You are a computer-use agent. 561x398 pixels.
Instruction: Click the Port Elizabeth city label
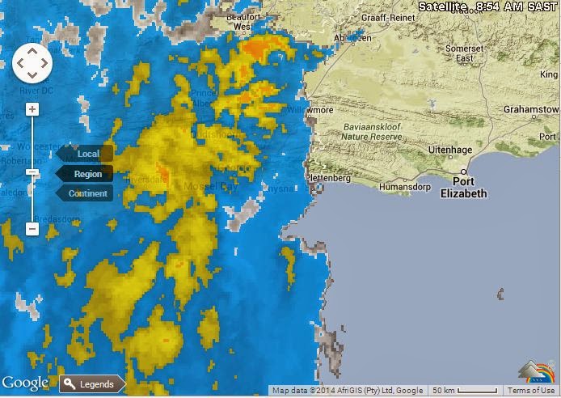[x=464, y=188]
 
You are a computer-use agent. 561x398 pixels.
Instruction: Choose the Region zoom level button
[x=87, y=174]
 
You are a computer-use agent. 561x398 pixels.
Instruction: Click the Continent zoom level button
[x=87, y=193]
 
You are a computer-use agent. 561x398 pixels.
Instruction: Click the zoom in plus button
[x=32, y=109]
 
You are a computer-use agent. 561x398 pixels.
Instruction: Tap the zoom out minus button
[x=32, y=229]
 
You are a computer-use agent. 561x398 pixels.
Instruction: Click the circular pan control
[x=32, y=63]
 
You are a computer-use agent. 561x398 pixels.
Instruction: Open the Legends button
[x=93, y=384]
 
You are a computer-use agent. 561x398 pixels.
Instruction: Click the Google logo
[x=25, y=383]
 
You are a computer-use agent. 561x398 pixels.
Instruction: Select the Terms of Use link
[x=531, y=391]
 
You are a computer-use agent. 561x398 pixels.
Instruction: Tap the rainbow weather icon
[x=537, y=373]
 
